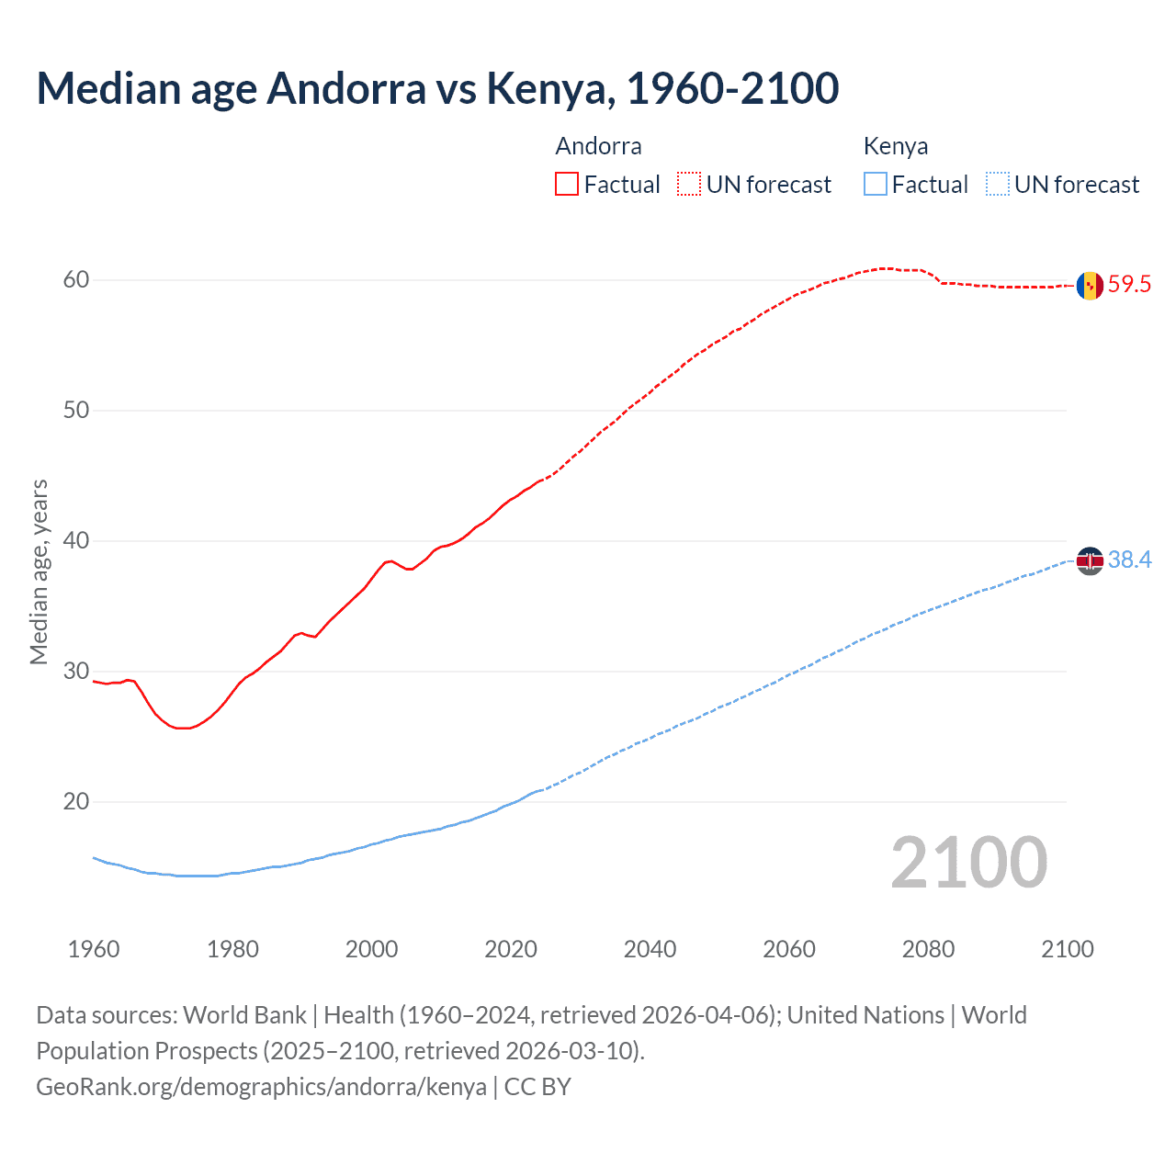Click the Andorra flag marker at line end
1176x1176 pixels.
pyautogui.click(x=1090, y=286)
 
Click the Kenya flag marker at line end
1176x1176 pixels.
pyautogui.click(x=1090, y=560)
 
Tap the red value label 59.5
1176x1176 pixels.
pyautogui.click(x=1129, y=285)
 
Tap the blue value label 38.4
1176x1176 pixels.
pyautogui.click(x=1129, y=560)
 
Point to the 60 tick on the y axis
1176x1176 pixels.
pyautogui.click(x=76, y=280)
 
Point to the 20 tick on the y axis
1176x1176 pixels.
pyautogui.click(x=76, y=802)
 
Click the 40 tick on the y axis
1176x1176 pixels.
pyautogui.click(x=76, y=541)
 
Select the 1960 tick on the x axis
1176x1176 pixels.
pyautogui.click(x=94, y=949)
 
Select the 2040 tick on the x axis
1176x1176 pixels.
pyautogui.click(x=650, y=949)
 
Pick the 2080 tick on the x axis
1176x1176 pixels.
pyautogui.click(x=928, y=949)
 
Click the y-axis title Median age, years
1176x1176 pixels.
pyautogui.click(x=39, y=571)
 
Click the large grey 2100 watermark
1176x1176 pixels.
pyautogui.click(x=968, y=863)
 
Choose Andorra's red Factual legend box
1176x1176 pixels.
pyautogui.click(x=567, y=185)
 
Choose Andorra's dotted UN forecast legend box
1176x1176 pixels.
pyautogui.click(x=689, y=185)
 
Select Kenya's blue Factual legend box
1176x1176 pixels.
pyautogui.click(x=876, y=185)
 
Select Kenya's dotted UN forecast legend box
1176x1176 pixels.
pyautogui.click(x=997, y=185)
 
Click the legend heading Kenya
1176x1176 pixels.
pyautogui.click(x=896, y=146)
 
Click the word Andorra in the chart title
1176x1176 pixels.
pyautogui.click(x=346, y=88)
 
